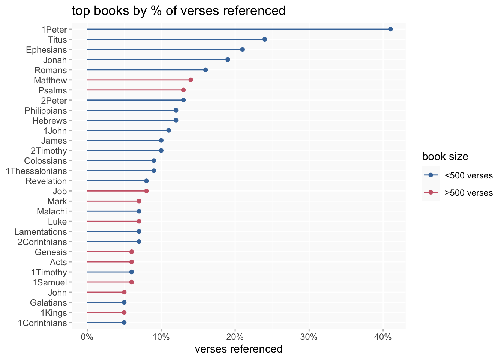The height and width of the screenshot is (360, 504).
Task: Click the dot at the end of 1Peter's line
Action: coord(390,29)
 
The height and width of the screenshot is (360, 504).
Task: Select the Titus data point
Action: coord(264,39)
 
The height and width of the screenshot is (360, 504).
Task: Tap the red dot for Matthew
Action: coord(190,80)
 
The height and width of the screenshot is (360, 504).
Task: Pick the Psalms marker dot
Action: coord(183,90)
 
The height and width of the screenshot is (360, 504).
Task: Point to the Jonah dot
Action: coord(228,60)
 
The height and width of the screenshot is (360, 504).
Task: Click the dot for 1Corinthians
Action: coord(124,322)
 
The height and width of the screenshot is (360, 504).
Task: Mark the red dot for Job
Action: coord(146,191)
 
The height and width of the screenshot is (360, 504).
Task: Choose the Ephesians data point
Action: coord(242,49)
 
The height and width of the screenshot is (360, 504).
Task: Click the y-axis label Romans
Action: coord(51,70)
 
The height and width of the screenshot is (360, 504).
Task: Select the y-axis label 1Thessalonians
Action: coord(36,171)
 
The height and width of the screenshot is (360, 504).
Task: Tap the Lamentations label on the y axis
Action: coord(40,232)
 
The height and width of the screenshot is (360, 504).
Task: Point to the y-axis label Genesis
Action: coord(51,252)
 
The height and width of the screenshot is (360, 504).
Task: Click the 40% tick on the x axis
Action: coord(383,337)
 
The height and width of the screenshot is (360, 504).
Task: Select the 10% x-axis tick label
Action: coord(161,337)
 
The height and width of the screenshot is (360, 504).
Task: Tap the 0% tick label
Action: coord(87,337)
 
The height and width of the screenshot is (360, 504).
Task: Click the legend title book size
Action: coord(445,156)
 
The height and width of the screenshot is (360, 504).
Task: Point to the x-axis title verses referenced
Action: coord(239,349)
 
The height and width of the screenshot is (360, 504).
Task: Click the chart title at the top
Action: coord(179,11)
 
